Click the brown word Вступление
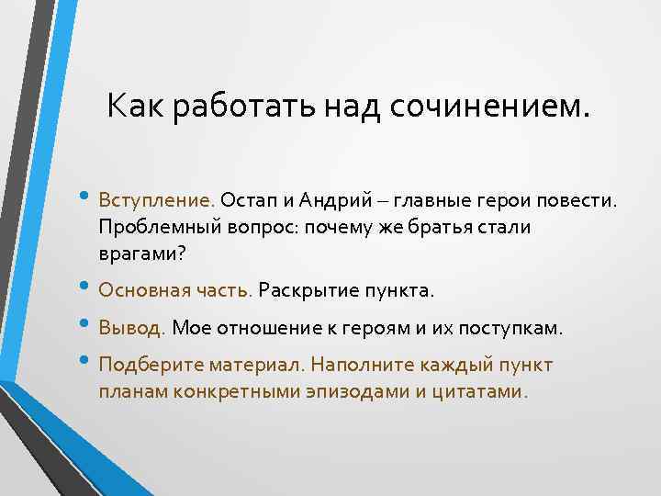(x=157, y=200)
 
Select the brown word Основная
(x=145, y=290)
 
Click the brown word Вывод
(x=132, y=328)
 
